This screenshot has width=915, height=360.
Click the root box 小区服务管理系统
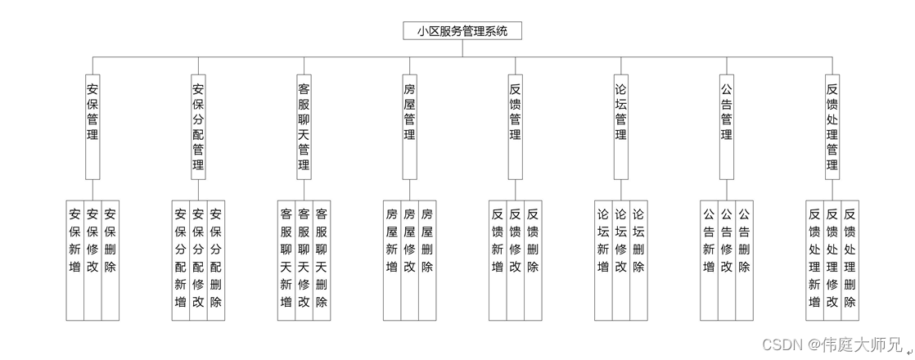coord(462,31)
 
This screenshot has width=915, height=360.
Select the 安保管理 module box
coord(92,126)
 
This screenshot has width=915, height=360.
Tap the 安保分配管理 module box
coord(198,126)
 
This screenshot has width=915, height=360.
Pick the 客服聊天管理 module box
coord(304,126)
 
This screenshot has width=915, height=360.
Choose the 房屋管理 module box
coord(409,126)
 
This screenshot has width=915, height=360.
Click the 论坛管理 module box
coord(621,126)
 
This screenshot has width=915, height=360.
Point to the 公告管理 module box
coord(727,126)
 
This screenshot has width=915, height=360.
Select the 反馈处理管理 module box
coord(832,126)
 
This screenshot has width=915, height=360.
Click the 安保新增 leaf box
coord(75,259)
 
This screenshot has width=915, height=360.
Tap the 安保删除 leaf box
coord(110,259)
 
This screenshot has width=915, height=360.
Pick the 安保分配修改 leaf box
coord(198,259)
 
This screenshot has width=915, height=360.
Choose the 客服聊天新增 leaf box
coord(286,259)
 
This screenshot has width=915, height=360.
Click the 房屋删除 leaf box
coord(427,259)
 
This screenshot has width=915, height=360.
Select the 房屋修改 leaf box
coord(409,259)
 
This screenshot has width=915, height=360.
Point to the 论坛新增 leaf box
coord(603,259)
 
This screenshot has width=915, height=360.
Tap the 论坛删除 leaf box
coord(638,259)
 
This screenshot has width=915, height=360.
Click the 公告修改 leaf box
coord(727,259)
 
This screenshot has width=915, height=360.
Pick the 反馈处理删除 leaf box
coord(850,259)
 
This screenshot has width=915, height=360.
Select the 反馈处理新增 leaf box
coord(815,259)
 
